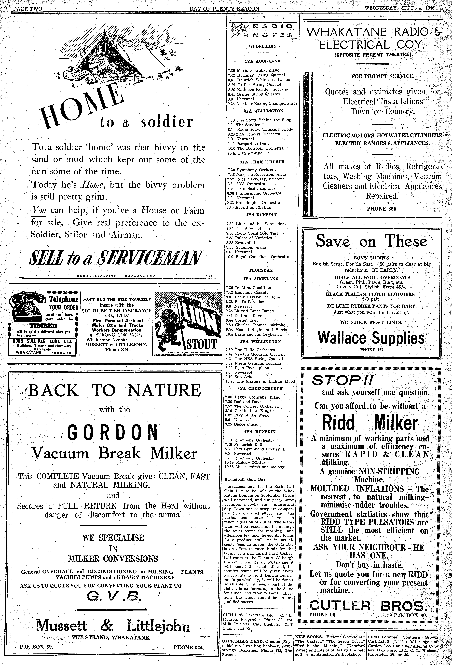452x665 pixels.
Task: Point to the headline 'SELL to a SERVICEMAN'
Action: [116, 258]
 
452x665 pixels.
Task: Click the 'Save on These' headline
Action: [371, 241]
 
